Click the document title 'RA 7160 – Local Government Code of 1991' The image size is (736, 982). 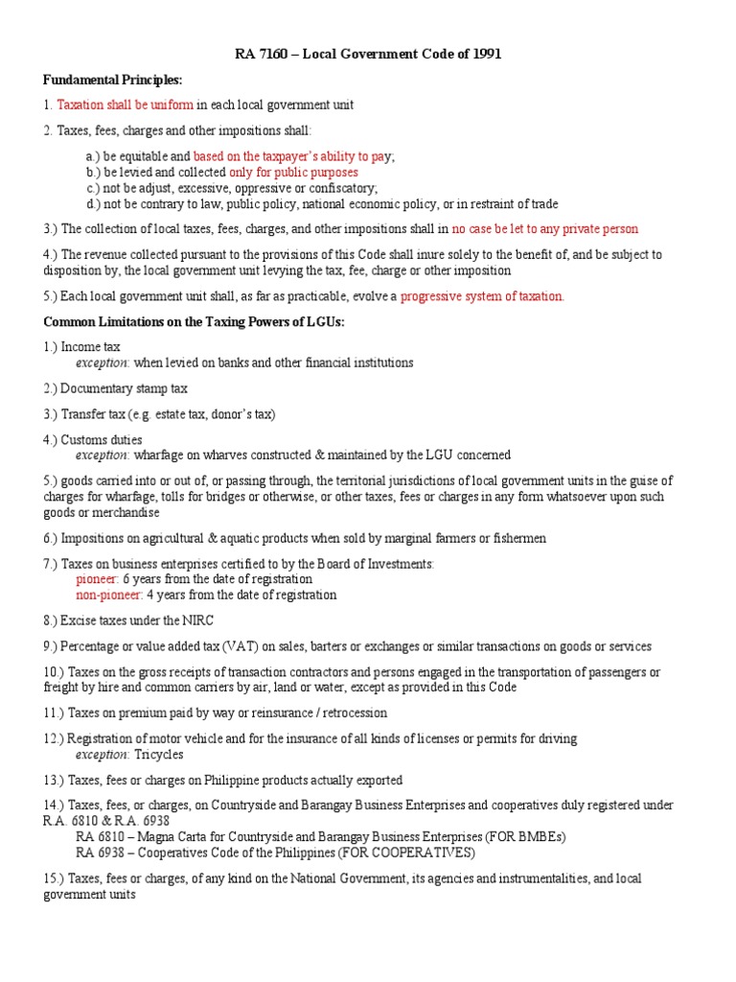pyautogui.click(x=368, y=55)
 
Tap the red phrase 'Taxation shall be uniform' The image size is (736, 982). pyautogui.click(x=125, y=105)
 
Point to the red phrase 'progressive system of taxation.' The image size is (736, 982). pyautogui.click(x=482, y=296)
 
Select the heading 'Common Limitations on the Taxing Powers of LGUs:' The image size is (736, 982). pyautogui.click(x=193, y=321)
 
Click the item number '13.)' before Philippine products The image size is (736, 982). pyautogui.click(x=57, y=780)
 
